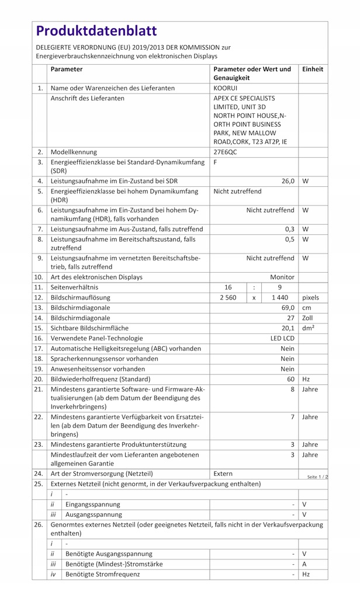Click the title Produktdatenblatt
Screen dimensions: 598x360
pyautogui.click(x=96, y=30)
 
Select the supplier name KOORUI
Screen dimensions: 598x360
pyautogui.click(x=226, y=88)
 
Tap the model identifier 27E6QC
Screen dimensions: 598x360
pyautogui.click(x=226, y=151)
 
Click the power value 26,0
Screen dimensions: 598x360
pyautogui.click(x=288, y=181)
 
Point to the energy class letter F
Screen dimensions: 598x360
pyautogui.click(x=216, y=162)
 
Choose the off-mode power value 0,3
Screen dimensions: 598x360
pyautogui.click(x=289, y=229)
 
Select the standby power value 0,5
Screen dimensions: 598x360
pyautogui.click(x=289, y=239)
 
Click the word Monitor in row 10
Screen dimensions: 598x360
pyautogui.click(x=282, y=277)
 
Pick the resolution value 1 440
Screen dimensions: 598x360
pyautogui.click(x=280, y=297)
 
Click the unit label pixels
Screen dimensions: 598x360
pyautogui.click(x=310, y=297)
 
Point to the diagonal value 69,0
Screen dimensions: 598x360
pyautogui.click(x=288, y=307)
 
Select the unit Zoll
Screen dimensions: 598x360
pyautogui.click(x=308, y=318)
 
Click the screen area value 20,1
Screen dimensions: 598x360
pyautogui.click(x=288, y=328)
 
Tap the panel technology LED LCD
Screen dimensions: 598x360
pyautogui.click(x=282, y=338)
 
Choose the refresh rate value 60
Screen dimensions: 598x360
pyautogui.click(x=290, y=379)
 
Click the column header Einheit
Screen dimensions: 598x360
pyautogui.click(x=313, y=69)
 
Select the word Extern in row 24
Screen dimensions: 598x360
pyautogui.click(x=223, y=474)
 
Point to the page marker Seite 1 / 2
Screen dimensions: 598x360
pyautogui.click(x=317, y=477)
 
